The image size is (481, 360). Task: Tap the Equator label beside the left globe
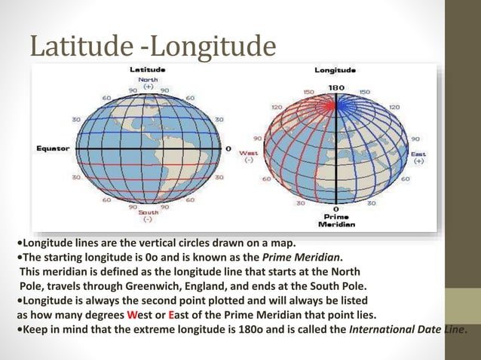pyautogui.click(x=52, y=148)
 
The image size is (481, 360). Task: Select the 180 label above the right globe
pyautogui.click(x=336, y=87)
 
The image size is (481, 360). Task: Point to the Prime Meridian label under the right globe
pyautogui.click(x=335, y=219)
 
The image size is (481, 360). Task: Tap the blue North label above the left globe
pyautogui.click(x=148, y=79)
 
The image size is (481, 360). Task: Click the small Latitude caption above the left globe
pyautogui.click(x=148, y=70)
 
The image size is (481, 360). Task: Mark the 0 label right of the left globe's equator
pyautogui.click(x=228, y=148)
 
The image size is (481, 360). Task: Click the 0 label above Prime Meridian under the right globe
pyautogui.click(x=336, y=208)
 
